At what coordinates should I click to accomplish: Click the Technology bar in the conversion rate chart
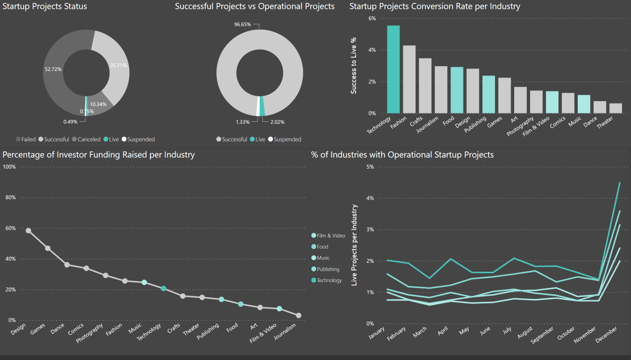point(393,69)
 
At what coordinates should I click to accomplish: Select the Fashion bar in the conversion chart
point(409,79)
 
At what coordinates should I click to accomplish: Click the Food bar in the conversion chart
point(456,90)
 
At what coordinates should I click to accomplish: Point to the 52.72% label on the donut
point(53,69)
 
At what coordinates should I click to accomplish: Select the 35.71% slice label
point(118,65)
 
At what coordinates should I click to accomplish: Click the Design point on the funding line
point(28,230)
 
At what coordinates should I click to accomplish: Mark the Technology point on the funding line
point(163,288)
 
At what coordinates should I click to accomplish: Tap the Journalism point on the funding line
point(298,315)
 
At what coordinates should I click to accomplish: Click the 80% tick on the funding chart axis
point(9,197)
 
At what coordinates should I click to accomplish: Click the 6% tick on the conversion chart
point(372,18)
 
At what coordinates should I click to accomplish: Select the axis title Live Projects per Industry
point(354,245)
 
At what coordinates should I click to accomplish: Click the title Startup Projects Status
point(44,6)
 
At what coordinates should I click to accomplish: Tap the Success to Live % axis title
point(354,65)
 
